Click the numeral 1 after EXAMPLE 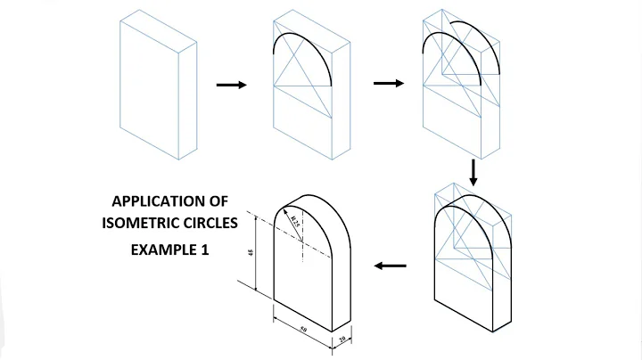click(204, 250)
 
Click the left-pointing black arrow click(389, 266)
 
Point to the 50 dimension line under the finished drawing click(305, 326)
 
